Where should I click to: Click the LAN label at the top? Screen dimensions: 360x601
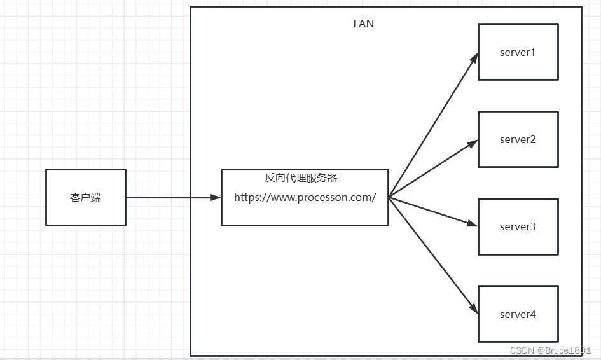[364, 24]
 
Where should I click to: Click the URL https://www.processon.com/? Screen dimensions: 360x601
[305, 197]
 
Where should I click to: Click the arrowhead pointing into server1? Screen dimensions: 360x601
[474, 59]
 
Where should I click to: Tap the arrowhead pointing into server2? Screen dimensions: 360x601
[472, 144]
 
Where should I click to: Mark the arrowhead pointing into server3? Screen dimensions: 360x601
[472, 223]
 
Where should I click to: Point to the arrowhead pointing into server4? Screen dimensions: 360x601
[474, 309]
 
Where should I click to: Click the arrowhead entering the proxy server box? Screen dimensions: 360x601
[216, 197]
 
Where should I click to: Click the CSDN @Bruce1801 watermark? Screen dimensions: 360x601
[551, 350]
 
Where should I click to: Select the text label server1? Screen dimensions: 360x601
[518, 52]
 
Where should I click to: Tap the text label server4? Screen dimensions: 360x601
[518, 314]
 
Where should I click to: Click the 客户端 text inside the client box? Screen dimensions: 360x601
[86, 197]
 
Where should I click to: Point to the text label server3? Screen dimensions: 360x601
[518, 226]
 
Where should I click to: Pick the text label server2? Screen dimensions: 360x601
[518, 139]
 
